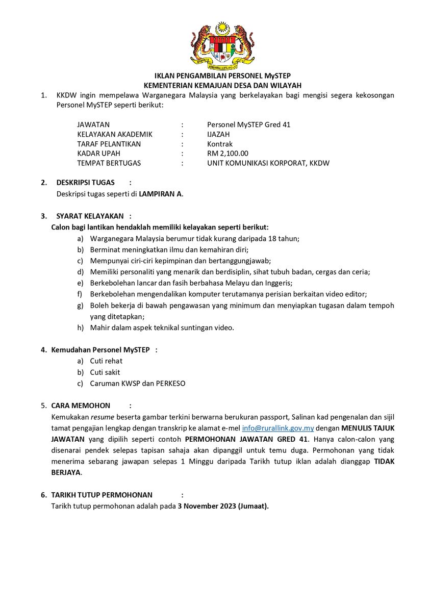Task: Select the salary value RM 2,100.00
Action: pos(227,154)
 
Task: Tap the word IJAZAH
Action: pos(218,134)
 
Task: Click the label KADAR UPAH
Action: pos(98,154)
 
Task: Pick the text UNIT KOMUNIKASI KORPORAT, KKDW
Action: pos(268,163)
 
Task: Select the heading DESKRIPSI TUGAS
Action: pos(85,183)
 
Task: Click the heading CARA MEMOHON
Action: pos(81,406)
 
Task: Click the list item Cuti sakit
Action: pos(105,372)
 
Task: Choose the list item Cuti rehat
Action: pos(106,361)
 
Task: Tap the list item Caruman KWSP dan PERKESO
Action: pos(137,384)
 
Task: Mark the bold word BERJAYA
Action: pos(66,473)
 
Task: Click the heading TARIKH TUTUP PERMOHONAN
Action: pos(102,495)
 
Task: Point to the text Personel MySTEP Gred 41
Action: pos(248,124)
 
